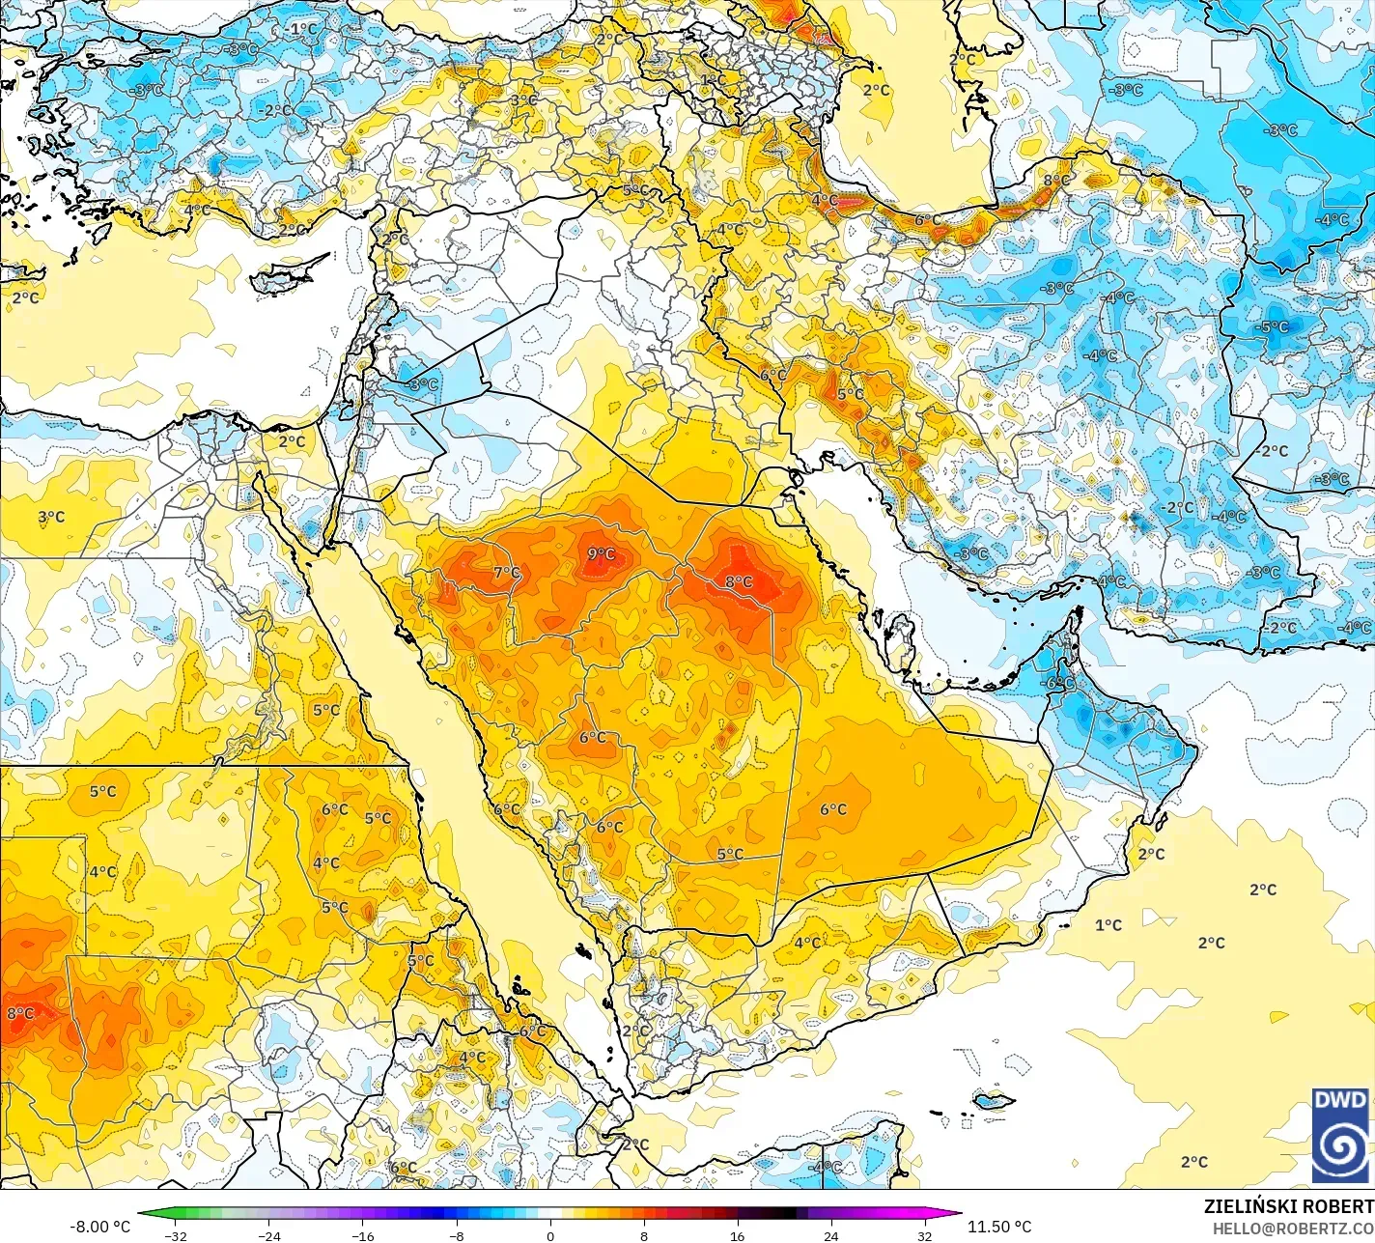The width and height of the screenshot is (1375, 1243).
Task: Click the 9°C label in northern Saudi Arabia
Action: tap(601, 553)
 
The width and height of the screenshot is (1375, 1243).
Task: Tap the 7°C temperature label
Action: tap(506, 573)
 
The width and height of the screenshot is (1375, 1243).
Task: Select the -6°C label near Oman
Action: tap(1059, 683)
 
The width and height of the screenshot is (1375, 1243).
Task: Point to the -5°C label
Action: tap(1273, 326)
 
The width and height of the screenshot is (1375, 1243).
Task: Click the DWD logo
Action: tap(1340, 1135)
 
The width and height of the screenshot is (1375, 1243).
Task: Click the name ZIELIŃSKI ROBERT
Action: tap(1288, 1206)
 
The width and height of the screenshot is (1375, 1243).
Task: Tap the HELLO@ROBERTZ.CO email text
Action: tap(1293, 1228)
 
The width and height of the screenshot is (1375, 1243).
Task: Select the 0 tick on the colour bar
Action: tap(550, 1235)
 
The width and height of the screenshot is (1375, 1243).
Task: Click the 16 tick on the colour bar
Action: tap(737, 1235)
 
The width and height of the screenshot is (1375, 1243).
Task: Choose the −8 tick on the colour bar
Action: tap(457, 1235)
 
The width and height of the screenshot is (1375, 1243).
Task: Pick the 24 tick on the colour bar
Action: tap(830, 1235)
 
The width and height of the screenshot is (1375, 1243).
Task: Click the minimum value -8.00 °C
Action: tap(99, 1227)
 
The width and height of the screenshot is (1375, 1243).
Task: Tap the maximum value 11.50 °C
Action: tap(999, 1227)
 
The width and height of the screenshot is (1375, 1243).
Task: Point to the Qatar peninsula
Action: tap(903, 637)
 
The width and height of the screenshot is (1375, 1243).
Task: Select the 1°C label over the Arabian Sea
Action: tap(1108, 925)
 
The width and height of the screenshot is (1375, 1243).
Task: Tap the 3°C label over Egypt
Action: tap(51, 517)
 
